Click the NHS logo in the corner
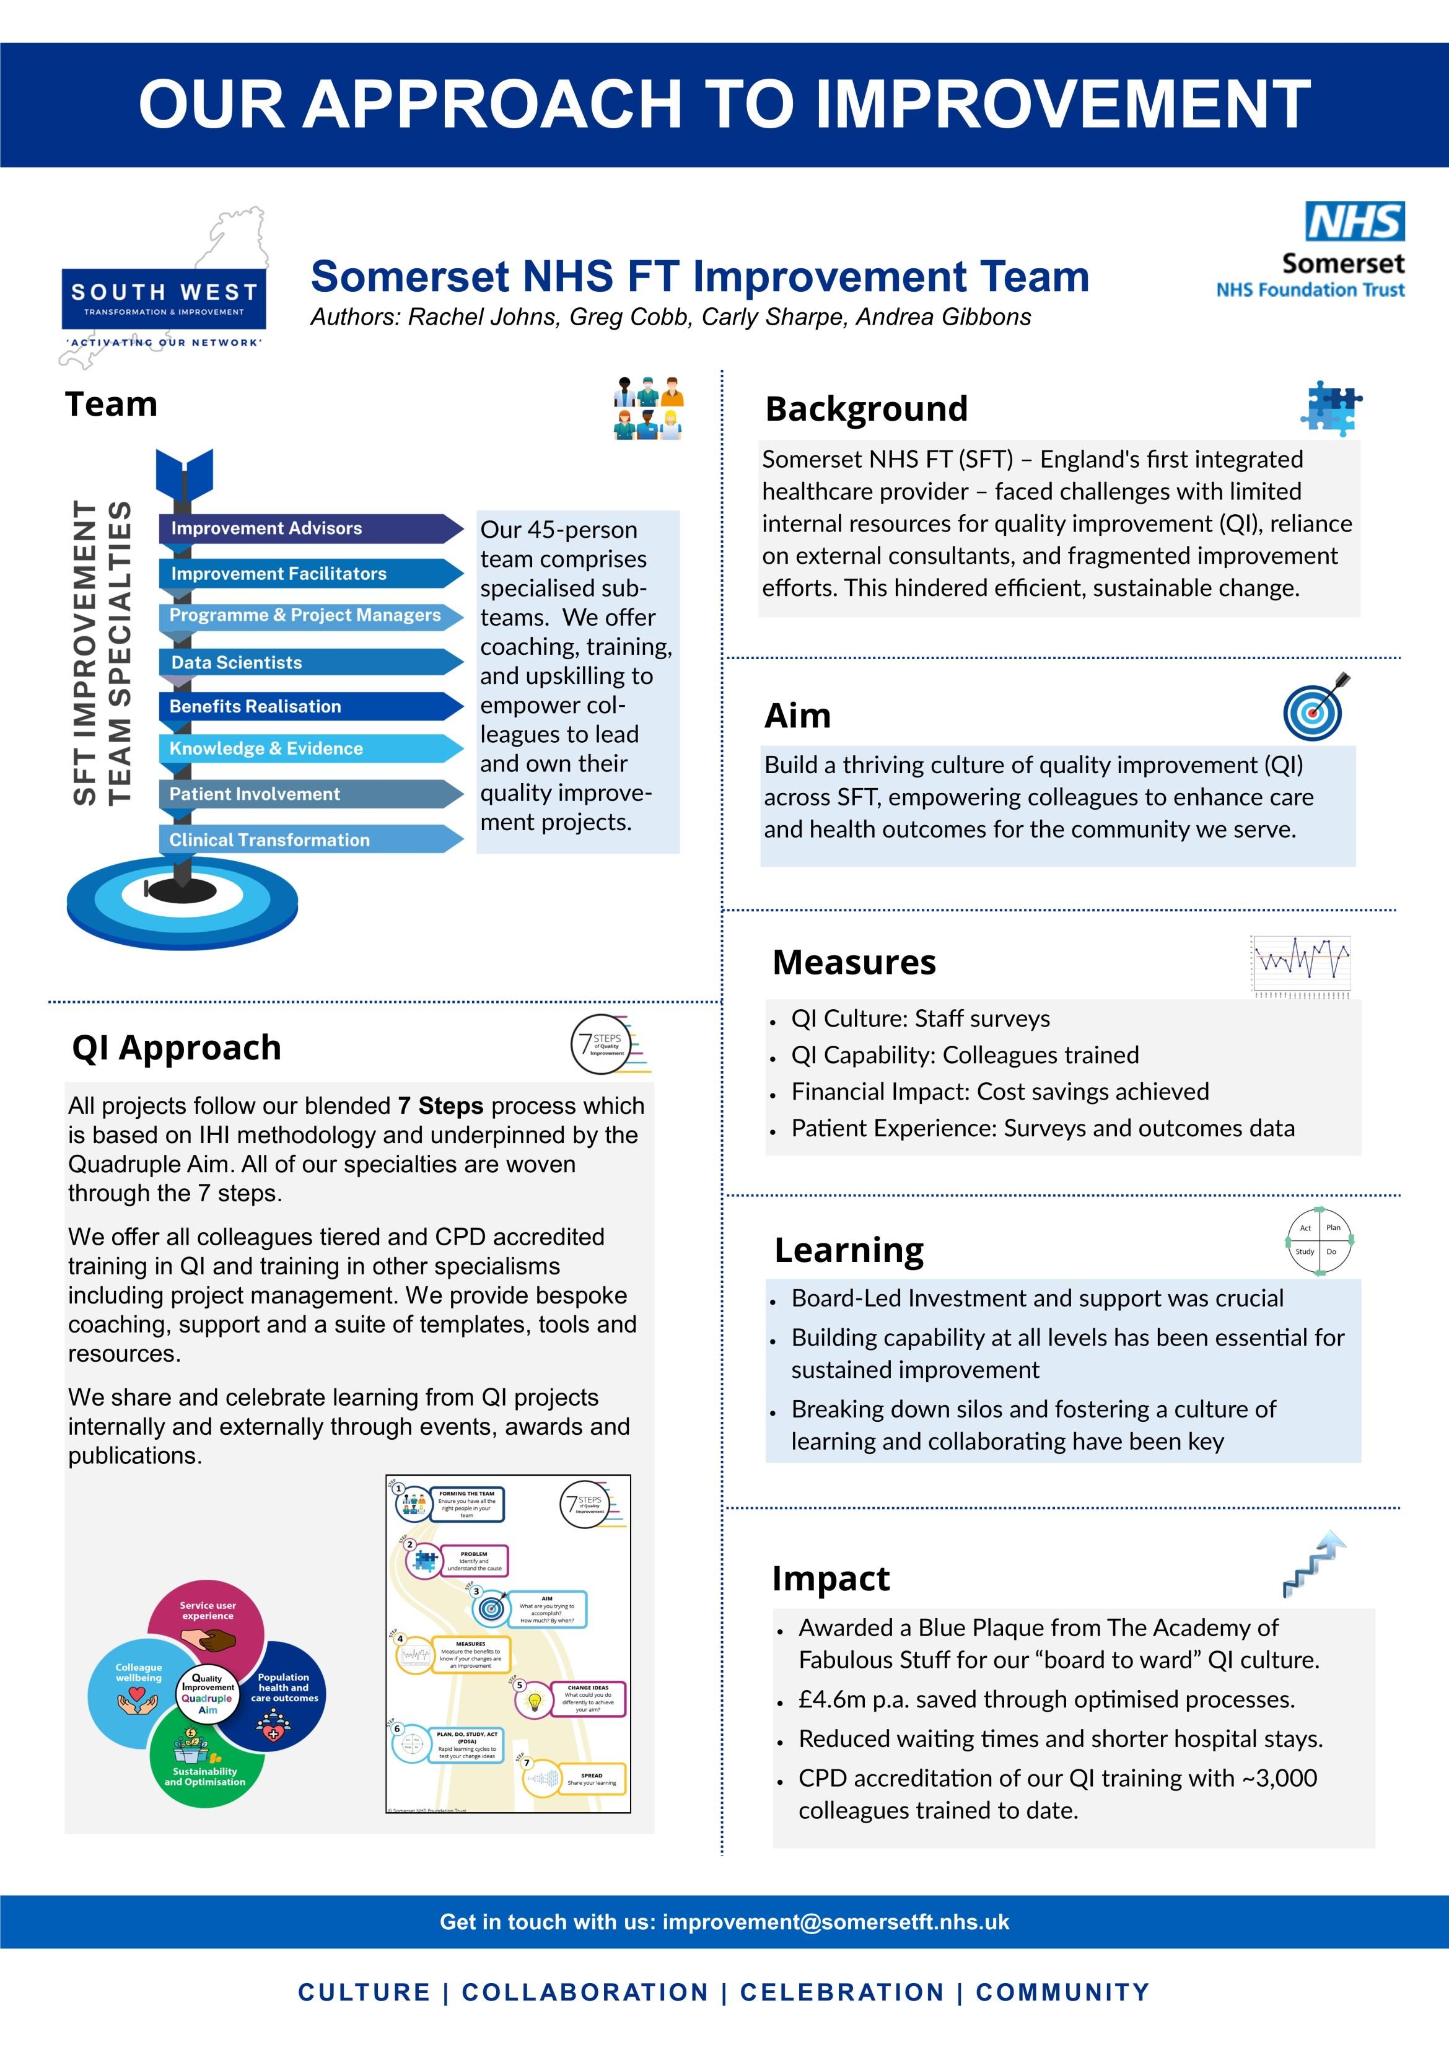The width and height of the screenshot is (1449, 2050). (x=1354, y=221)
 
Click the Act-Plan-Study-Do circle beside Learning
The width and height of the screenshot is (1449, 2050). (x=1319, y=1240)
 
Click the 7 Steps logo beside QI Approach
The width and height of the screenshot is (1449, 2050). (x=608, y=1044)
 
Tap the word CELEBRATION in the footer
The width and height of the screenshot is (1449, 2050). (x=841, y=1993)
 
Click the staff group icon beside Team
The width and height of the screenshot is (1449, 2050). (x=648, y=408)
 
